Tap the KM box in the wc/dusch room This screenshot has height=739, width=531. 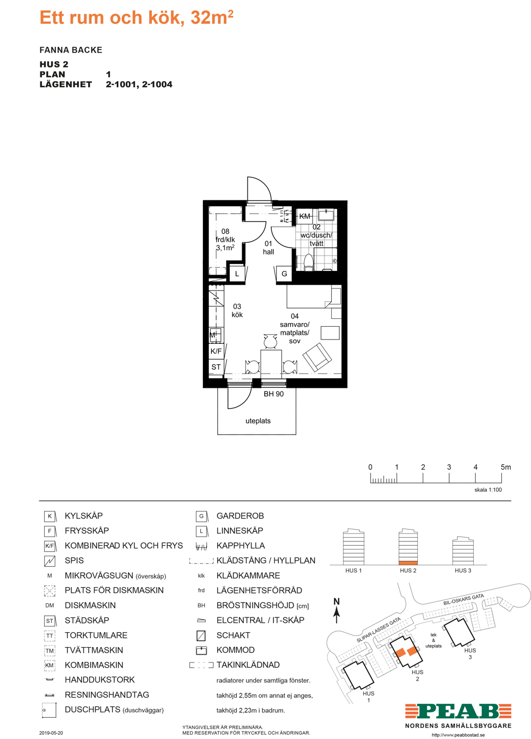coord(304,216)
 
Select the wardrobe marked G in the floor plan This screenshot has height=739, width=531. coord(284,274)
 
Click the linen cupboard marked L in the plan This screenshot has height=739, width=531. coord(237,274)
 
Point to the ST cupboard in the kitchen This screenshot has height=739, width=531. coord(216,367)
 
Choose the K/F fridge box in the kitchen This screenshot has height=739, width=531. coord(216,351)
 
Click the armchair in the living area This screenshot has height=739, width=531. coord(317,356)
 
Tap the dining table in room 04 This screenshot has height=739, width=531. coord(271,363)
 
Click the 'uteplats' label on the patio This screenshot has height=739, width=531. coord(258,421)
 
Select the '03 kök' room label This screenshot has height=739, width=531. coord(237,310)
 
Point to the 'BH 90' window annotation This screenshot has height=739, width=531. coord(273,394)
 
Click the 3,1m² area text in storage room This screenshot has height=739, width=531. coord(225,248)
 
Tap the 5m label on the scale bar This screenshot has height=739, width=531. coord(506,467)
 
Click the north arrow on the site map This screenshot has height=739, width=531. coord(337,615)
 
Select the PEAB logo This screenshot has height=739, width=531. coord(458,711)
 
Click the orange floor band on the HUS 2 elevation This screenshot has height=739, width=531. coord(408,563)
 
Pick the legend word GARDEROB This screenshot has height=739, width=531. coord(240,516)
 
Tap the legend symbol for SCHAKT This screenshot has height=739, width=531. coord(201,635)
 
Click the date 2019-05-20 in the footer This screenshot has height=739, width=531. coord(51,733)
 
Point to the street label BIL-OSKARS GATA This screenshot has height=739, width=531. coord(463,599)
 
